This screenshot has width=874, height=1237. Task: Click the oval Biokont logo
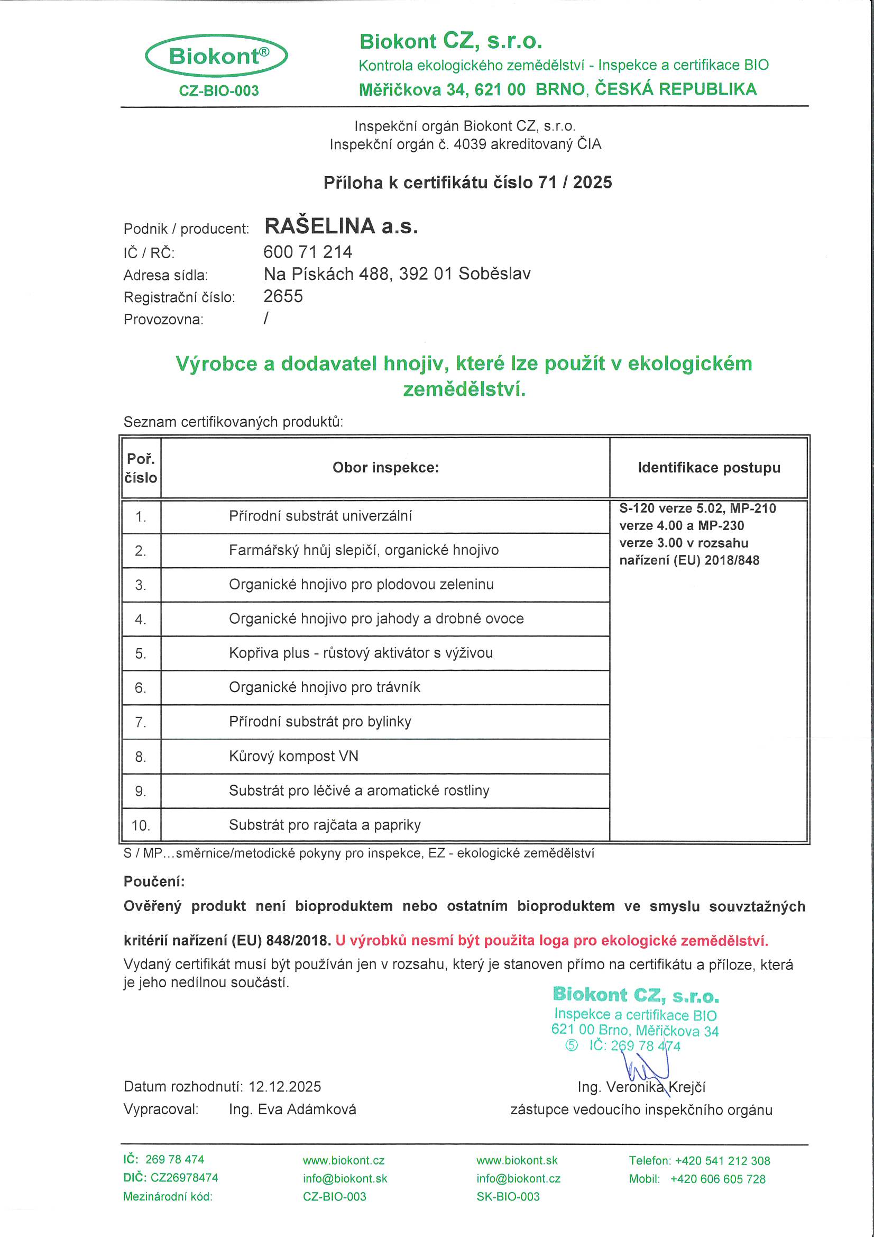(216, 56)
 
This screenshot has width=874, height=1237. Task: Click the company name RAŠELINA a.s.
(341, 226)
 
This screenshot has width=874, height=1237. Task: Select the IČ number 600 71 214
(308, 252)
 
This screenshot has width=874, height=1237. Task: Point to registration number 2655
(283, 296)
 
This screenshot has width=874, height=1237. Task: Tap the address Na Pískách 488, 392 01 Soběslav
(397, 274)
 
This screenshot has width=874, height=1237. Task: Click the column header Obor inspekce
(385, 467)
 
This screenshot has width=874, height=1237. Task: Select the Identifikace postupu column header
(709, 467)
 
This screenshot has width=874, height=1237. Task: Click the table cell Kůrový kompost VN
(293, 756)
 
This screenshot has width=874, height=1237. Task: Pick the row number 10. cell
(141, 825)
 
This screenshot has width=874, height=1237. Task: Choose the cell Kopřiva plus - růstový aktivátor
(360, 653)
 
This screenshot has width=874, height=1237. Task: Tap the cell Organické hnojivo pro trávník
(324, 687)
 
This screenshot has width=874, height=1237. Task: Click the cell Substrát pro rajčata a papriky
(325, 824)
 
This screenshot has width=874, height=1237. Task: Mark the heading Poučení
(154, 881)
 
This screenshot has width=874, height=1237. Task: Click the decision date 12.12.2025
(284, 1086)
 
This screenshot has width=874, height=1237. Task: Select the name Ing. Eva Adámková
(292, 1109)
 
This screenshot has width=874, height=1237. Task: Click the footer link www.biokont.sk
(517, 1160)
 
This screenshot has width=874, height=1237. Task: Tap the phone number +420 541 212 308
(722, 1160)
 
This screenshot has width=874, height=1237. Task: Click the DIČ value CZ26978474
(184, 1177)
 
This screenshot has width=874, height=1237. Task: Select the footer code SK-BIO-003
(508, 1196)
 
